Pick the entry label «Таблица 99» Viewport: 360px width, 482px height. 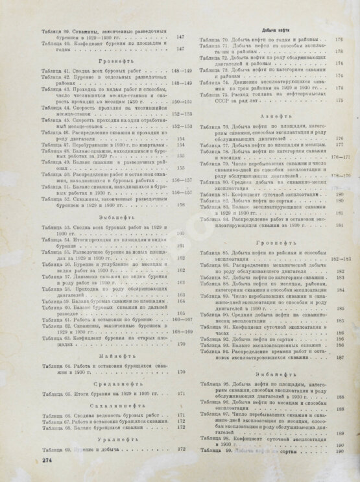213,450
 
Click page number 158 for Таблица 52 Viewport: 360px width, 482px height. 181,206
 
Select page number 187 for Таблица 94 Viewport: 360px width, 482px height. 339,357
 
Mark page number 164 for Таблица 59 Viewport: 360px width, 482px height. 181,302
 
